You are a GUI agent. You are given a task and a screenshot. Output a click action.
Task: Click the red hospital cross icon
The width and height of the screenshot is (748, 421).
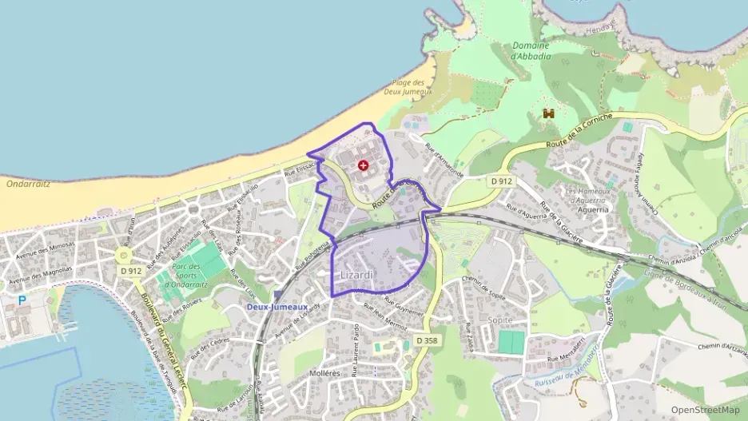pyautogui.click(x=364, y=165)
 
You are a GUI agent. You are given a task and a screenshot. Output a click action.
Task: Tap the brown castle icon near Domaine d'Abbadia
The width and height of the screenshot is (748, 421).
pyautogui.click(x=549, y=114)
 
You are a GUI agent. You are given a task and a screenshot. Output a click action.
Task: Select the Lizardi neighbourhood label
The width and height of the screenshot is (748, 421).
pyautogui.click(x=356, y=275)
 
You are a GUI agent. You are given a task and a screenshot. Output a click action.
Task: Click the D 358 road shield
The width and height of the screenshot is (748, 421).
pyautogui.click(x=427, y=340)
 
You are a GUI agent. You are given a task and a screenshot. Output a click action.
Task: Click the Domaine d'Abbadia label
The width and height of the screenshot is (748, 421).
pyautogui.click(x=531, y=51)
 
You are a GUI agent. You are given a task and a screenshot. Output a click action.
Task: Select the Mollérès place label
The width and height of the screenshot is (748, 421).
pyautogui.click(x=324, y=373)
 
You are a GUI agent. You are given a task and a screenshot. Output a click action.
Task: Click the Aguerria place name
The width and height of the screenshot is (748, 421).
pyautogui.click(x=592, y=209)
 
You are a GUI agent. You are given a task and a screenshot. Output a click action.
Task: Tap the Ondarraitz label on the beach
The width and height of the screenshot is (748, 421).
pyautogui.click(x=29, y=184)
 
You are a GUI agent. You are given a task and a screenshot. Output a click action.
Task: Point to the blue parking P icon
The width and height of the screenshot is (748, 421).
pyautogui.click(x=22, y=301)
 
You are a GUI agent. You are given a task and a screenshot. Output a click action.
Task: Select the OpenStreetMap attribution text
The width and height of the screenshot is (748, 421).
pyautogui.click(x=706, y=410)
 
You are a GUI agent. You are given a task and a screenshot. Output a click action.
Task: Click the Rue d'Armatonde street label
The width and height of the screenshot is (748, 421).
pyautogui.click(x=445, y=159)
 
